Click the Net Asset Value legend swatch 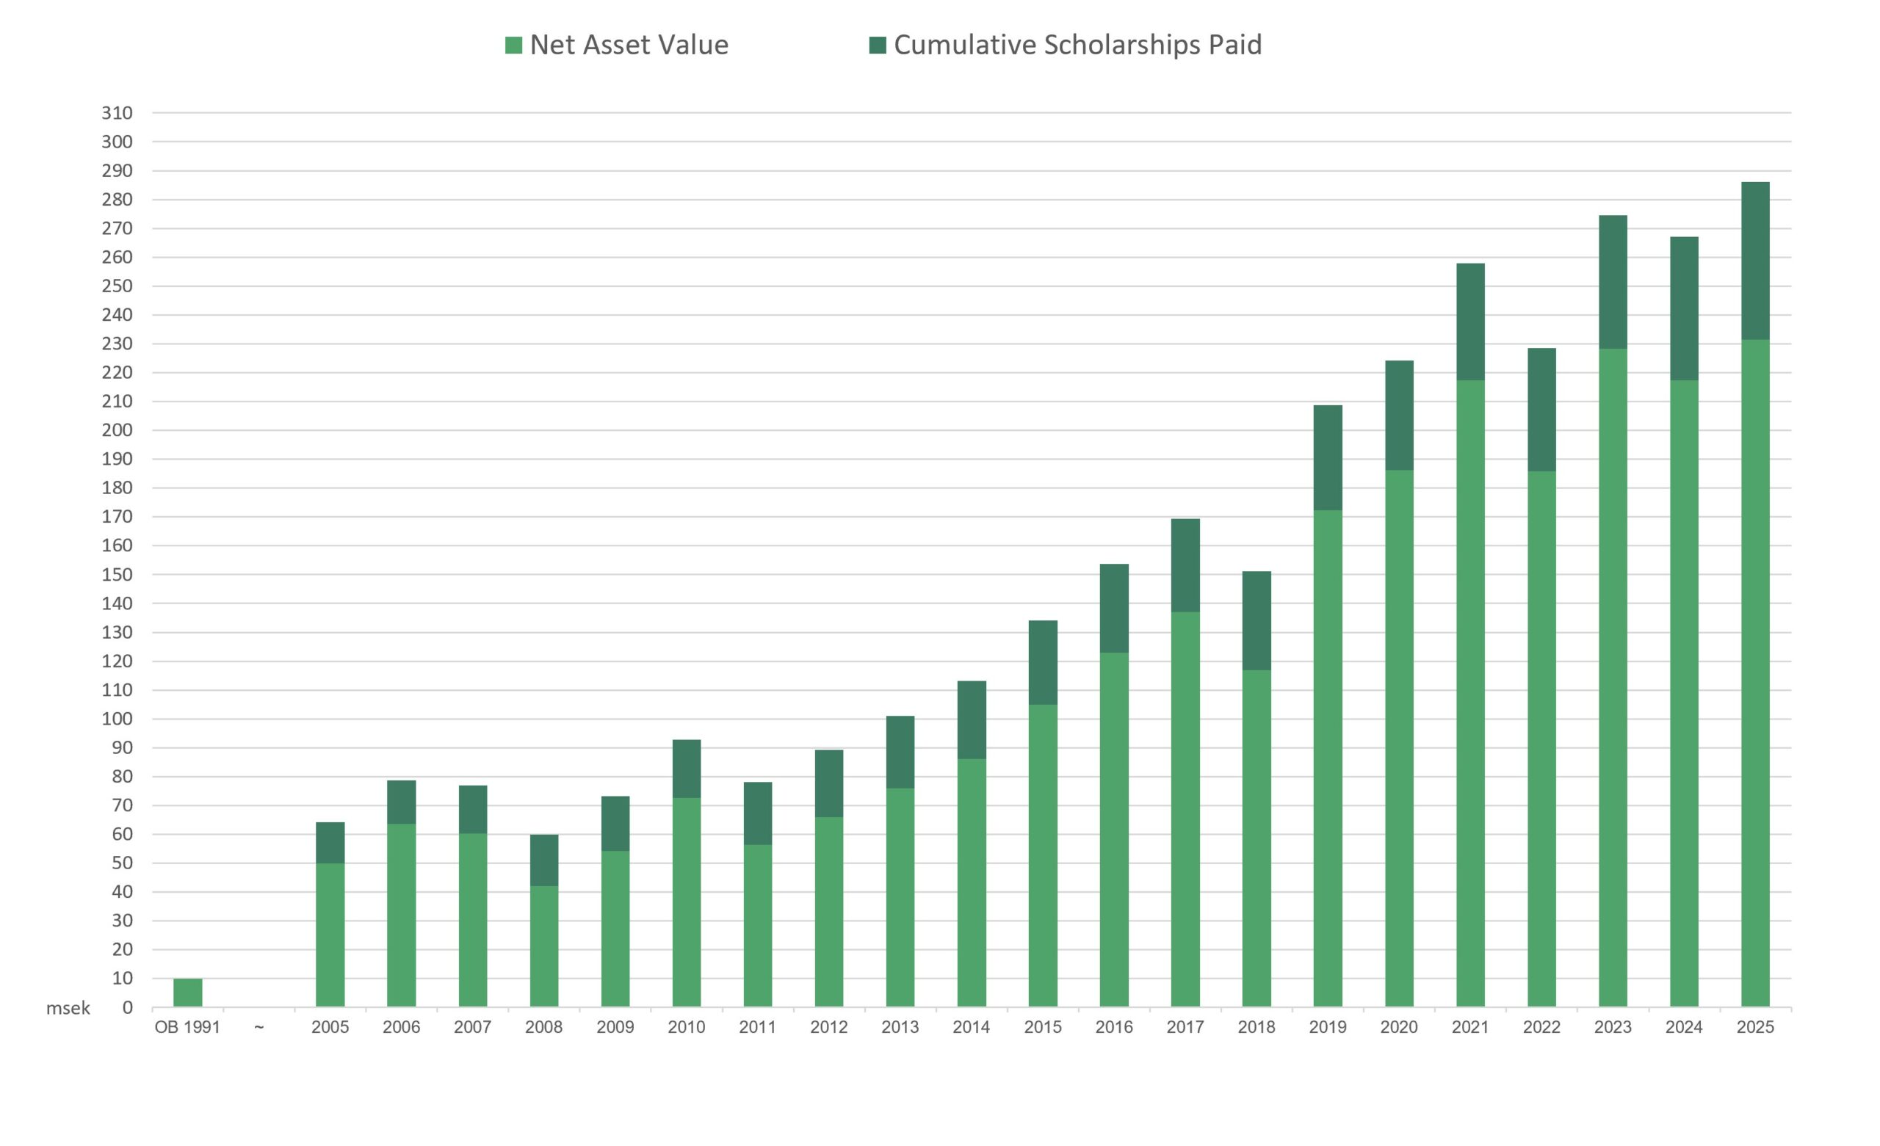tap(513, 46)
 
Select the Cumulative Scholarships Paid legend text tap(1077, 45)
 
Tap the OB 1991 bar tap(188, 993)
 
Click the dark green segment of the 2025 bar tap(1755, 261)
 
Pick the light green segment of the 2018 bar tap(1257, 838)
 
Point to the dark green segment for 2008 tap(544, 860)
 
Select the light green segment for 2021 tap(1470, 694)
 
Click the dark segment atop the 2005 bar tap(330, 842)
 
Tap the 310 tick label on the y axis tap(117, 113)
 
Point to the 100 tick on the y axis tap(117, 719)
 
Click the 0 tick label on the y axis tap(128, 1008)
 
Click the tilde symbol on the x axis tap(258, 1027)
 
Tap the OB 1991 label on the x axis tap(188, 1027)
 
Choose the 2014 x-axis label tap(972, 1027)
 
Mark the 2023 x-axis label tap(1613, 1027)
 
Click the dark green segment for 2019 tap(1328, 458)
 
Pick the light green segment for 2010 tap(687, 902)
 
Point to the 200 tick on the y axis tap(117, 430)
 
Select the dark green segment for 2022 tap(1541, 410)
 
